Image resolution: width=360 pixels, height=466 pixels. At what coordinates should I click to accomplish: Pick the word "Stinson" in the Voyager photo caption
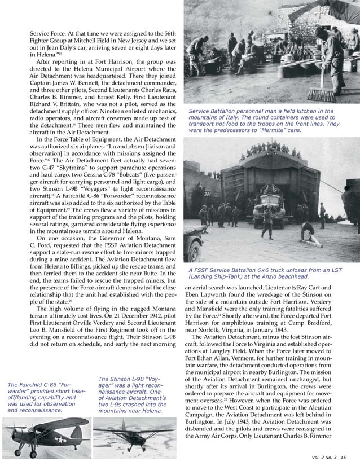click(x=121, y=379)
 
